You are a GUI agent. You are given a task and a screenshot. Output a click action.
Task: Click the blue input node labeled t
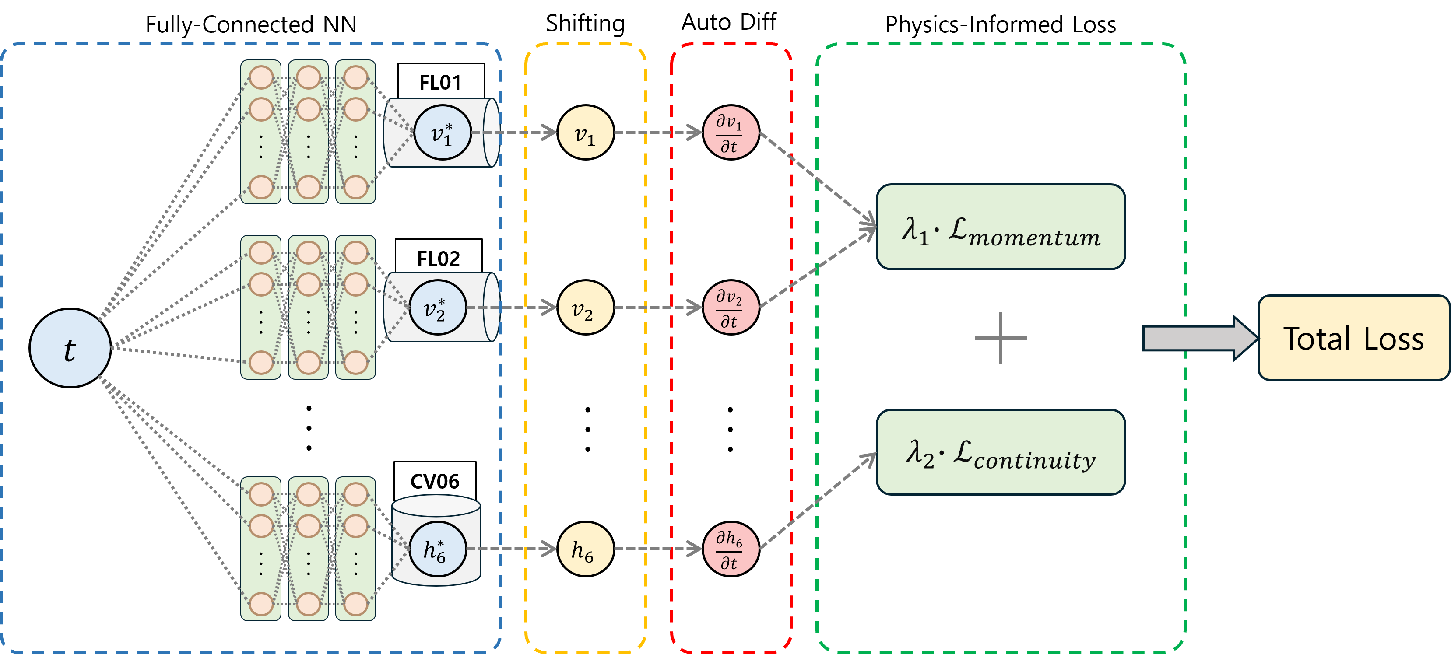coord(70,348)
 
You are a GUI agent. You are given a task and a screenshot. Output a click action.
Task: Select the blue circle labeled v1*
coord(442,133)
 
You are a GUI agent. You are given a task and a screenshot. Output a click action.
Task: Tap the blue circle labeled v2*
coord(437,308)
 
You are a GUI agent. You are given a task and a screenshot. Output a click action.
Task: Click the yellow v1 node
coord(585,133)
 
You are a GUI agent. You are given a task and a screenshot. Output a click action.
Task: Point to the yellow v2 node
coord(585,308)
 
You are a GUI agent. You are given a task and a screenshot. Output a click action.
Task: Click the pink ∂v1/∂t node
coord(730,133)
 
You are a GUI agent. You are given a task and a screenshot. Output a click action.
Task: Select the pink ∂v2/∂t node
coord(730,308)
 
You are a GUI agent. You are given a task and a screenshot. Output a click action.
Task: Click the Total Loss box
coord(1353,338)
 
